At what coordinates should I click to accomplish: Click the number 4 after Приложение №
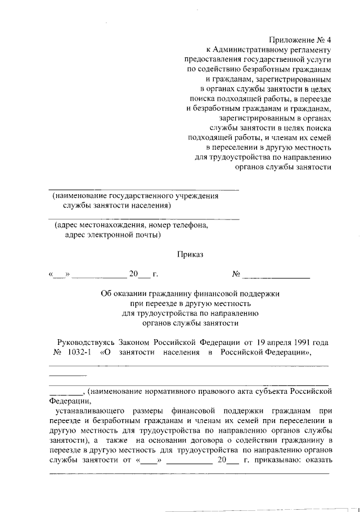tap(329, 40)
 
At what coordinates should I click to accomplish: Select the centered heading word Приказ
tap(190, 254)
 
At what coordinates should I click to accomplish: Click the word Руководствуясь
tap(86, 342)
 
